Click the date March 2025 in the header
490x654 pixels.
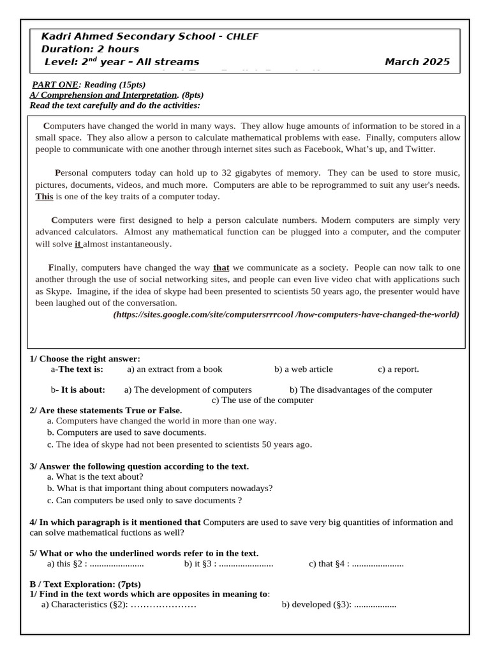pos(417,62)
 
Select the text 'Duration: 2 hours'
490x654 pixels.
pos(90,49)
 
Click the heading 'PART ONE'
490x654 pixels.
pos(55,84)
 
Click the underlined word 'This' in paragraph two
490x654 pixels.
pos(44,197)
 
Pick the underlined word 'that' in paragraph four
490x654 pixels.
pos(221,268)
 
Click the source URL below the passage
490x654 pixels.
pos(286,315)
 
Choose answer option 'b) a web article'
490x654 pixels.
pos(304,369)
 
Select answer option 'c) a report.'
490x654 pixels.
pos(398,369)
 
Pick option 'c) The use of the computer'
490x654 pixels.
pos(262,400)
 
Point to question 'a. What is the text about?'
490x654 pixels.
pos(95,476)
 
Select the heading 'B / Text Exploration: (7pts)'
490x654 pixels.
pos(85,584)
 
